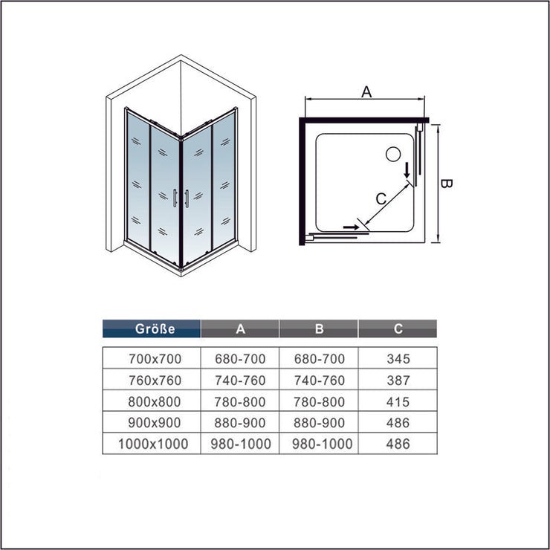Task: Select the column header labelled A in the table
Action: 240,329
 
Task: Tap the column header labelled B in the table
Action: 319,329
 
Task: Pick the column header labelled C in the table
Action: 398,329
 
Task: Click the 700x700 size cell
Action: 155,358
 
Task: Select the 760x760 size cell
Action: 155,380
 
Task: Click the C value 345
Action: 398,358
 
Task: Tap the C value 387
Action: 398,380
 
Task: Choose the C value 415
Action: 398,401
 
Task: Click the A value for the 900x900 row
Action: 240,422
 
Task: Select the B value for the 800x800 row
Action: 319,401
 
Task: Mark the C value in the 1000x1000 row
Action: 398,444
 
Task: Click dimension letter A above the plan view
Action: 366,92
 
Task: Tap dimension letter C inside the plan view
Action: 381,199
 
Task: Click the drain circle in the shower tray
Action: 394,155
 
